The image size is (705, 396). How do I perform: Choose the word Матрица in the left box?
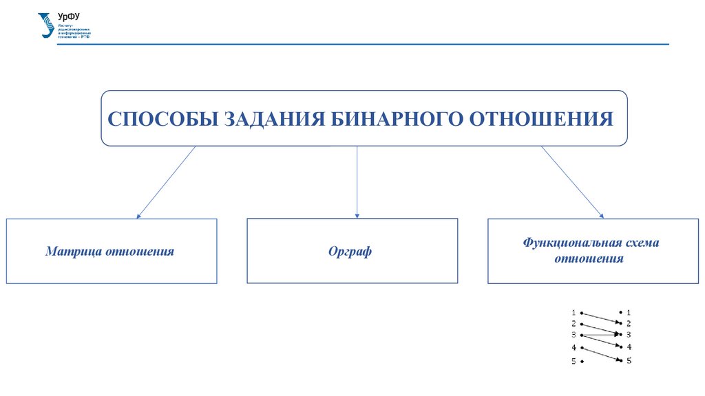click(x=74, y=252)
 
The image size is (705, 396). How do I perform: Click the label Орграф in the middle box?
click(x=350, y=252)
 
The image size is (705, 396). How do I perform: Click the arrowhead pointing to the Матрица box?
click(x=139, y=215)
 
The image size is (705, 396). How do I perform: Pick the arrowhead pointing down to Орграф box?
click(x=357, y=214)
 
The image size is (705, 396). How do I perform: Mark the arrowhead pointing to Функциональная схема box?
click(x=600, y=216)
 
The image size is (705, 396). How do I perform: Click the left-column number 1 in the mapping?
click(x=574, y=312)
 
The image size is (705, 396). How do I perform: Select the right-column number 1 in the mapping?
click(x=629, y=312)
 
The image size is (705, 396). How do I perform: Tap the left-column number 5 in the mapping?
click(x=574, y=361)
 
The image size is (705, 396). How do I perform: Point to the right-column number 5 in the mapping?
click(x=629, y=360)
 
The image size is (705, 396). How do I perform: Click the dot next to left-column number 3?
click(x=582, y=335)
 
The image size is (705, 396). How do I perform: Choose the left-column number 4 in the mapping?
click(x=574, y=348)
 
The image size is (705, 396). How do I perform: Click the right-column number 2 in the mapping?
click(x=629, y=323)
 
